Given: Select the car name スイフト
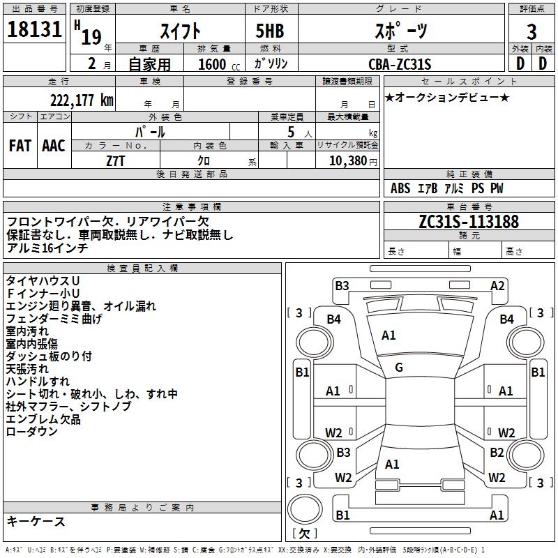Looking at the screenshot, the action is pyautogui.click(x=181, y=31).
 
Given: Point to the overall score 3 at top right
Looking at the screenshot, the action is pyautogui.click(x=531, y=32).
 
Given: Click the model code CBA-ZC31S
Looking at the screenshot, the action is pyautogui.click(x=400, y=64).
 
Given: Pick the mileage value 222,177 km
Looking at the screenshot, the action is pyautogui.click(x=82, y=100).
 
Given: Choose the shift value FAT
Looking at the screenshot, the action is pyautogui.click(x=20, y=145).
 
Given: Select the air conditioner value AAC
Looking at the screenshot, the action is pyautogui.click(x=54, y=145).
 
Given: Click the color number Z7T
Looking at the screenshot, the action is pyautogui.click(x=115, y=160).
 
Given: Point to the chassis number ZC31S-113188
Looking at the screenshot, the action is pyautogui.click(x=469, y=222).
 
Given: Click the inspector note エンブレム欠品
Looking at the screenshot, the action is pyautogui.click(x=43, y=419).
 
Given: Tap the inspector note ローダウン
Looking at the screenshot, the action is pyautogui.click(x=32, y=432).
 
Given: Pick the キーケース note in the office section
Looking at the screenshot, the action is pyautogui.click(x=36, y=521).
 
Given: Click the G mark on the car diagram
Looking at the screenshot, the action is pyautogui.click(x=399, y=367).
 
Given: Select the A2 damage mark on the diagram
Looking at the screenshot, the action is pyautogui.click(x=497, y=285).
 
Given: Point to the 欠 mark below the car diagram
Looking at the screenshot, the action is pyautogui.click(x=303, y=534).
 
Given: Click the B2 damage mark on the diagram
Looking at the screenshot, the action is pyautogui.click(x=497, y=453).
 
